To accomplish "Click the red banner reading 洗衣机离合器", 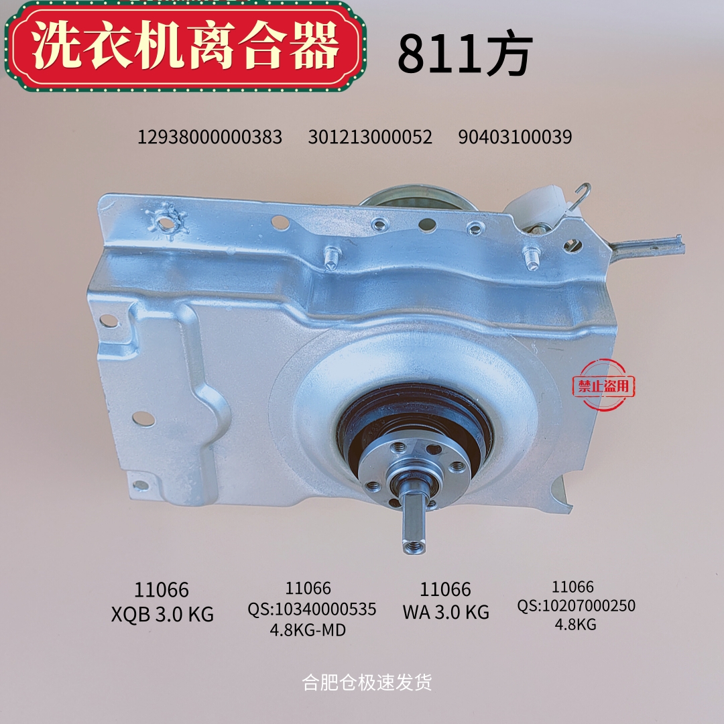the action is (x=185, y=46).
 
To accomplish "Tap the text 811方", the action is (x=465, y=54).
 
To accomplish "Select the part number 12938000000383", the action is (x=210, y=137).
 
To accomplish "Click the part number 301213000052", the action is (x=370, y=137).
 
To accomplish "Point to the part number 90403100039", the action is (x=515, y=137).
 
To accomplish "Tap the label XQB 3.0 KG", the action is (x=162, y=614).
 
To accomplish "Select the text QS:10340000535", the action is (x=312, y=609).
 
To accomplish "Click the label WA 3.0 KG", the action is (x=446, y=612).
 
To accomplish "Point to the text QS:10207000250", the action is (x=576, y=605).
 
